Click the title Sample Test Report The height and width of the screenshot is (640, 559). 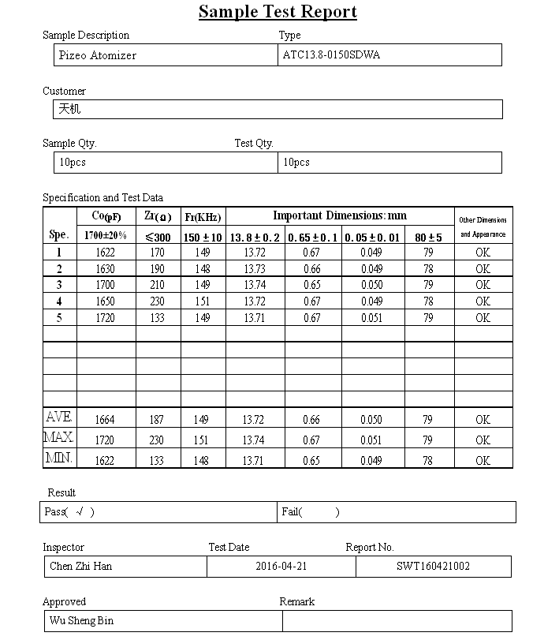[278, 12]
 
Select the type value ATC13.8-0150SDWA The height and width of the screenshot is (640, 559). [331, 55]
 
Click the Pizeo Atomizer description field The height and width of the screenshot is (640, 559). [98, 55]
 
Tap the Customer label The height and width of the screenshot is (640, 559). [64, 92]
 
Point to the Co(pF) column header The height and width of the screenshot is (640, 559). [105, 216]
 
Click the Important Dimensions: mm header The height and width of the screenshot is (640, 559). [340, 215]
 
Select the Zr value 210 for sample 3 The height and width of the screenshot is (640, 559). [158, 285]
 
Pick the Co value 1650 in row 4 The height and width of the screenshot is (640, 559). [105, 301]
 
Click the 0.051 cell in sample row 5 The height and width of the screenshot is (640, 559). [371, 318]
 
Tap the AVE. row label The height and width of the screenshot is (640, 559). [59, 417]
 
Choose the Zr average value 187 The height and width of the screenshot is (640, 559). [158, 420]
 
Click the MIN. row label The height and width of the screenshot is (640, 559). [59, 458]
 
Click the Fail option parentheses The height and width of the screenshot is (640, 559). [319, 512]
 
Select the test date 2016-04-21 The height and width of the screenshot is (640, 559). [281, 566]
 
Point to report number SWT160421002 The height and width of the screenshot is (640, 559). [433, 566]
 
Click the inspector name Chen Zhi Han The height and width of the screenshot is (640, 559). [80, 566]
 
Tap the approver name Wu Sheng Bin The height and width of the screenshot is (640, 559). [81, 620]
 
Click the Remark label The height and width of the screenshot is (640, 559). [297, 601]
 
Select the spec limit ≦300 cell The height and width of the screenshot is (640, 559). [158, 237]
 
